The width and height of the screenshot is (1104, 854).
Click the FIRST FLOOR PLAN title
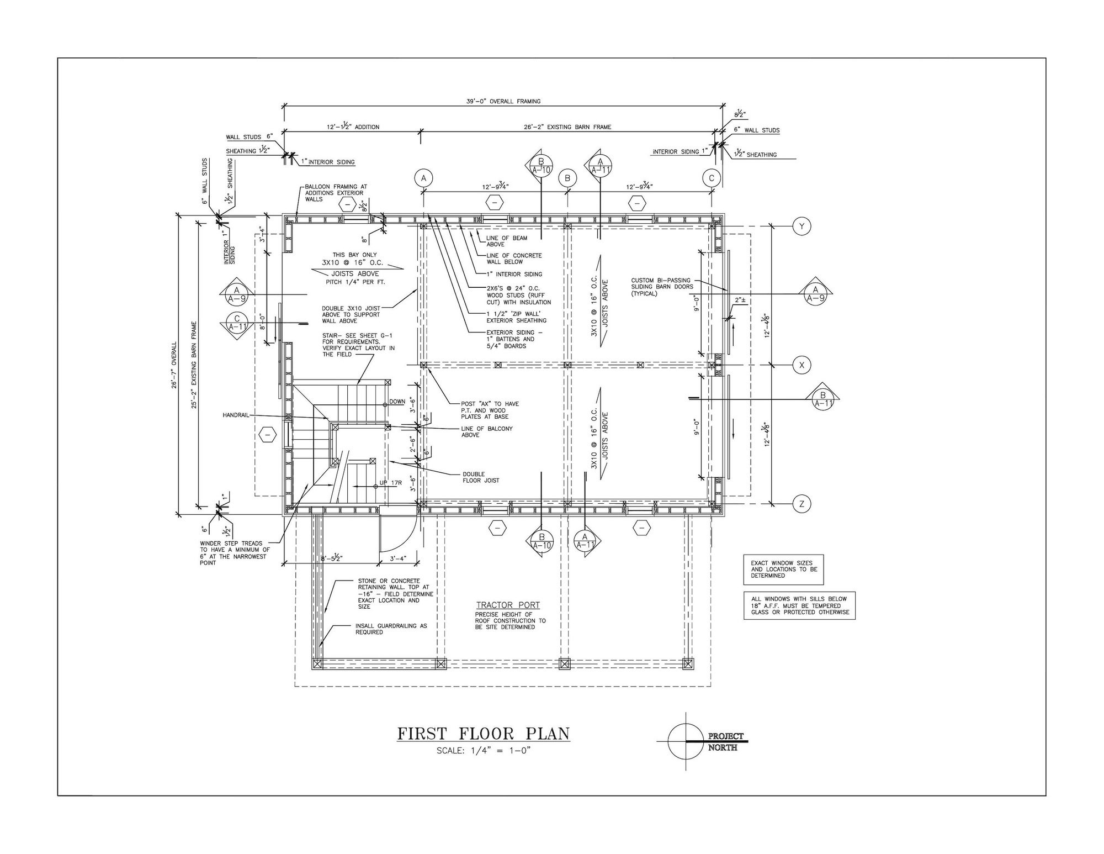pyautogui.click(x=484, y=734)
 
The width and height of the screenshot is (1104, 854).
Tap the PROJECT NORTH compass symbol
pyautogui.click(x=686, y=741)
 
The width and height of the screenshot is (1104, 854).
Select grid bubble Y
pyautogui.click(x=802, y=225)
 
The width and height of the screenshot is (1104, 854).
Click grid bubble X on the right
pyautogui.click(x=802, y=365)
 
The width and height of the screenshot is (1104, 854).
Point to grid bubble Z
pyautogui.click(x=802, y=503)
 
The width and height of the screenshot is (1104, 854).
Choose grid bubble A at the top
pyautogui.click(x=424, y=178)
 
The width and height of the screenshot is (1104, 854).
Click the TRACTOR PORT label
pyautogui.click(x=508, y=605)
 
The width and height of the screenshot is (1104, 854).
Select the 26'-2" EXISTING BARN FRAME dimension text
pyautogui.click(x=567, y=126)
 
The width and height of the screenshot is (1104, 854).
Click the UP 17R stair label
pyautogui.click(x=391, y=483)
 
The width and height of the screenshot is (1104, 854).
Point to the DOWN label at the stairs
pyautogui.click(x=397, y=402)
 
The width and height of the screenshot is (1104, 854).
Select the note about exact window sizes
pyautogui.click(x=783, y=570)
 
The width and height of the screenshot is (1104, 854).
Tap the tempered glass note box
pyautogui.click(x=799, y=606)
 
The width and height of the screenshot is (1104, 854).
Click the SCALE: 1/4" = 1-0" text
pyautogui.click(x=484, y=751)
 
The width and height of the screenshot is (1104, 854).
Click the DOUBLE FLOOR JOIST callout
pyautogui.click(x=481, y=477)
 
